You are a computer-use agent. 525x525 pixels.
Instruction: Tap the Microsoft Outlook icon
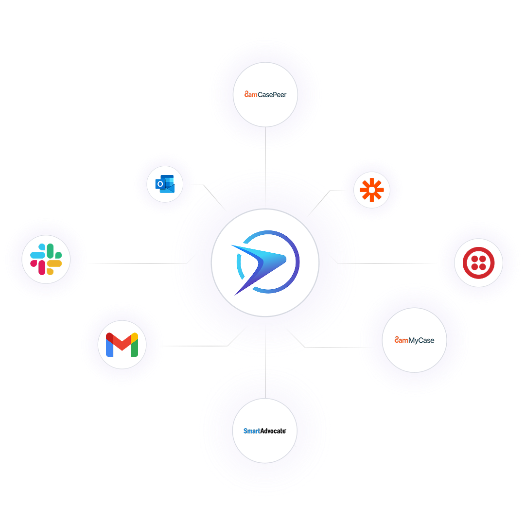[x=165, y=185]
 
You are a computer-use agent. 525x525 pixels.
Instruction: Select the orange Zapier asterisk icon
[x=372, y=190]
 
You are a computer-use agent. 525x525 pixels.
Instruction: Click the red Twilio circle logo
[x=478, y=263]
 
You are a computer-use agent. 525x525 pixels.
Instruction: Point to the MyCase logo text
[x=415, y=340]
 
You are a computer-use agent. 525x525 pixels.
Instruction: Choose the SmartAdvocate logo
[x=265, y=431]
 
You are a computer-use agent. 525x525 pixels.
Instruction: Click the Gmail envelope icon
[x=122, y=345]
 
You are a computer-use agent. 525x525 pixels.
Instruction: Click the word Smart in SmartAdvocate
[x=251, y=431]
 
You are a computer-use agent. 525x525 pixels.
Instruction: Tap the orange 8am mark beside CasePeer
[x=250, y=94]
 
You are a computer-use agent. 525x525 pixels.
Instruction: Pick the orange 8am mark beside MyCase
[x=401, y=340]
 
